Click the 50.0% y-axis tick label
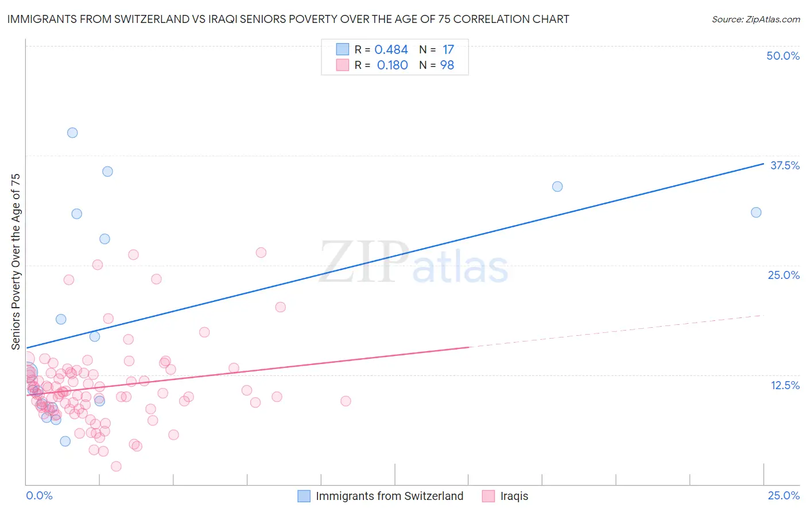pyautogui.click(x=783, y=56)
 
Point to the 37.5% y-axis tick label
pyautogui.click(x=785, y=165)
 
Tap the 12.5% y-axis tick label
pyautogui.click(x=785, y=385)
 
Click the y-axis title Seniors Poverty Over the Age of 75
pyautogui.click(x=15, y=262)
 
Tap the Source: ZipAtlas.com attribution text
pyautogui.click(x=755, y=20)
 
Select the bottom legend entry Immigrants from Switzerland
pyautogui.click(x=389, y=496)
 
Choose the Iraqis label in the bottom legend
pyautogui.click(x=514, y=496)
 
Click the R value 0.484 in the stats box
pyautogui.click(x=391, y=50)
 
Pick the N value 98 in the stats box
pyautogui.click(x=447, y=65)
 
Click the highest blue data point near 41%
pyautogui.click(x=72, y=133)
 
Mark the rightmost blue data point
pyautogui.click(x=756, y=212)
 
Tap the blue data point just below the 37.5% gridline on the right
pyautogui.click(x=557, y=187)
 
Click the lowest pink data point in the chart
pyautogui.click(x=116, y=466)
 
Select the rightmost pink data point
pyautogui.click(x=346, y=401)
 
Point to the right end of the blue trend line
pyautogui.click(x=763, y=164)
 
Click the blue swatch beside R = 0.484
pyautogui.click(x=343, y=49)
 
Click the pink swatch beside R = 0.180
pyautogui.click(x=343, y=65)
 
